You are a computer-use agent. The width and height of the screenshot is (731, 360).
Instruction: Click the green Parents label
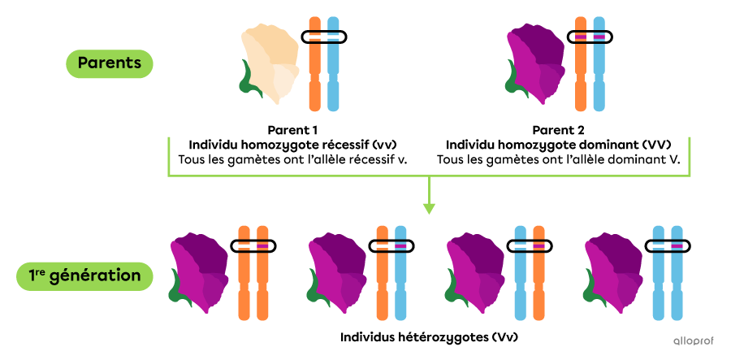pos(109,63)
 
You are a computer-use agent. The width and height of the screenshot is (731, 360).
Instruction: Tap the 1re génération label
pos(84,275)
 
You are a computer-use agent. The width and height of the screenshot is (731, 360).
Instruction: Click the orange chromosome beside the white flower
pos(315,65)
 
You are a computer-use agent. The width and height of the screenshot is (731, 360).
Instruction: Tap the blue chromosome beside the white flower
pos(333,65)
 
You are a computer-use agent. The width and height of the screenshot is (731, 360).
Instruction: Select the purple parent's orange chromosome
pos(580,65)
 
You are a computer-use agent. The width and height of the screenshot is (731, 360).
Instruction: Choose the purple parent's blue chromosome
pos(599,65)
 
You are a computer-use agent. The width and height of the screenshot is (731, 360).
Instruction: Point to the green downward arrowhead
pos(429,209)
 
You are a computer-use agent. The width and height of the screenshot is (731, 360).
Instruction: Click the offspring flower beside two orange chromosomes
pos(201,271)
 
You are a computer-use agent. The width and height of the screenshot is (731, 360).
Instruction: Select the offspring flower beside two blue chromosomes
pos(616,271)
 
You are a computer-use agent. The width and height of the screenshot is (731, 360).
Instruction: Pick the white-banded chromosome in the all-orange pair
pos(243,273)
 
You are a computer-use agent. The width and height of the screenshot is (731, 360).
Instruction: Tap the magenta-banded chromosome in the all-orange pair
pos(262,273)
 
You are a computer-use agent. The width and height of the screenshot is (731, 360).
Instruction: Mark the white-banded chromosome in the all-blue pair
pos(658,273)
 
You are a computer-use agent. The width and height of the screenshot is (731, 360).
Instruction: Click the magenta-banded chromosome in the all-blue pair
pos(677,273)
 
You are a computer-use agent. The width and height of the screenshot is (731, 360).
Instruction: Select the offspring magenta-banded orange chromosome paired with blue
pos(539,273)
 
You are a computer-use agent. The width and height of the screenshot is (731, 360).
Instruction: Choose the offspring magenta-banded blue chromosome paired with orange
pos(400,273)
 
